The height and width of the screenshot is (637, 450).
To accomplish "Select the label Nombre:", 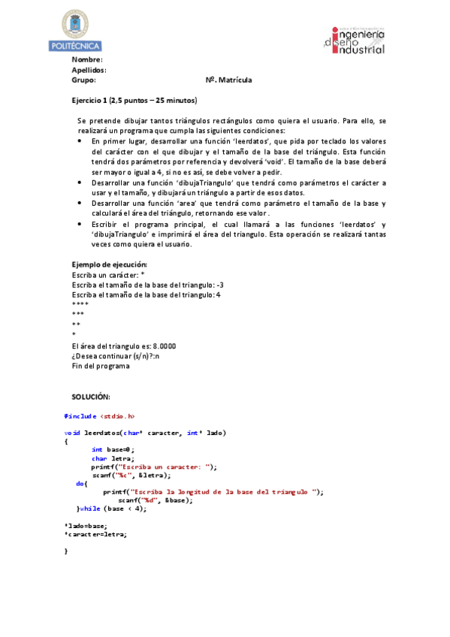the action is [x=87, y=59].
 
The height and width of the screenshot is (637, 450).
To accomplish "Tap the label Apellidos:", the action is [x=89, y=70].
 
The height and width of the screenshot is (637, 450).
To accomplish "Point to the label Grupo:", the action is [x=83, y=80].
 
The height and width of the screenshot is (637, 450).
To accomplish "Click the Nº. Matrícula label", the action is [x=228, y=80].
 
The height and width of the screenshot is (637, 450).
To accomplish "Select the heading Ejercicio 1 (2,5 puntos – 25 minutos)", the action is [x=134, y=100].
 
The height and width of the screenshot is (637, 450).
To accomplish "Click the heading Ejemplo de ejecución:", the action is [x=109, y=265].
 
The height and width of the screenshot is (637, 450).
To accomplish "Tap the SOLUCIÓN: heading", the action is [x=91, y=397].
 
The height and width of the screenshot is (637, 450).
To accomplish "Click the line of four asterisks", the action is [x=80, y=304].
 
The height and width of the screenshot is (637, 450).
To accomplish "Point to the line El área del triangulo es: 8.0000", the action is [x=124, y=346].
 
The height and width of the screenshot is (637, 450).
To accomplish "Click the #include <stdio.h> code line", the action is [x=100, y=415].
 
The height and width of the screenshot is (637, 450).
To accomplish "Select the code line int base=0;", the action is [x=113, y=449].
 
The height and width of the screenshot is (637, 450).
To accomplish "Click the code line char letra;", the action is [x=113, y=458].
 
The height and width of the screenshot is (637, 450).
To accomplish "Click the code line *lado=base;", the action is [x=86, y=525].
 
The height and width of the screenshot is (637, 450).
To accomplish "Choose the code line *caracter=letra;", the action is [x=95, y=534].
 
